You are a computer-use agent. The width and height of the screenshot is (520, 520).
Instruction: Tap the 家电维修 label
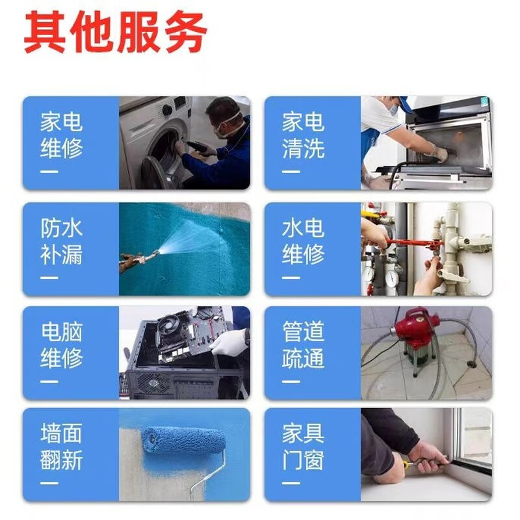[x=62, y=135]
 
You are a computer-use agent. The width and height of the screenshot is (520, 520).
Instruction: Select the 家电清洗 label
[x=303, y=135]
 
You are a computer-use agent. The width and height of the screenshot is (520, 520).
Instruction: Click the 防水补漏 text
[x=62, y=240]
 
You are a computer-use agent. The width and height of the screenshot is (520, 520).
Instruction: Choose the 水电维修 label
[x=303, y=240]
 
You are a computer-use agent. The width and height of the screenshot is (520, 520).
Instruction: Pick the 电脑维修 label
[x=62, y=345]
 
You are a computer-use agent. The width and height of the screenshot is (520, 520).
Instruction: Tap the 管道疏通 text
[x=303, y=345]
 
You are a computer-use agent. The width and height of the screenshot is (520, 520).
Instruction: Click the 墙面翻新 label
[x=62, y=447]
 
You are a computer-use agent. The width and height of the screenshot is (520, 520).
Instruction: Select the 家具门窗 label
[x=303, y=447]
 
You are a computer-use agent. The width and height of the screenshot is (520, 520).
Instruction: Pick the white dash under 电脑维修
[x=49, y=381]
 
